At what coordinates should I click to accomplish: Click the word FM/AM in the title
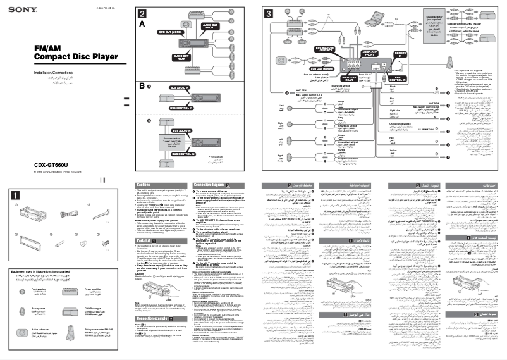point(47,49)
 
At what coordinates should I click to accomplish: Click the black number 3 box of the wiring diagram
point(269,13)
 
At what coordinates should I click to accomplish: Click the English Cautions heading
point(144,185)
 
